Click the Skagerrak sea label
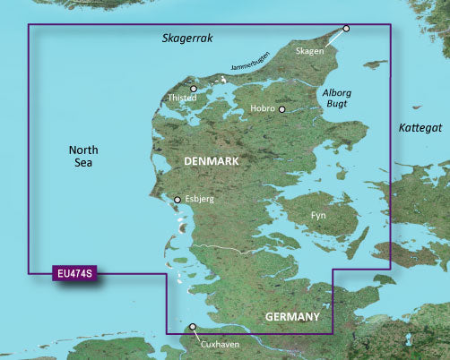[x=189, y=39]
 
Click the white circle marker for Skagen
[x=347, y=28]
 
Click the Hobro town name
[x=263, y=109]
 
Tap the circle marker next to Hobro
[x=282, y=109]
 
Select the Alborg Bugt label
[x=338, y=98]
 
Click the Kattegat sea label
[x=421, y=129]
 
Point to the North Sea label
[x=83, y=157]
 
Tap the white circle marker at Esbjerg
[x=177, y=200]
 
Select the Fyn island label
[x=318, y=216]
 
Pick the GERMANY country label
[x=292, y=318]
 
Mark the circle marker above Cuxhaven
[x=192, y=327]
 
